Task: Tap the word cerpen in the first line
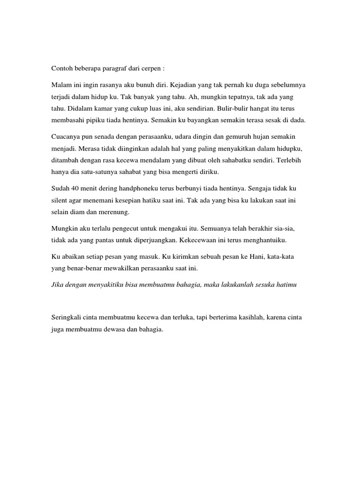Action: (x=150, y=68)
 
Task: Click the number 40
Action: (x=76, y=188)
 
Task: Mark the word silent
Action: (x=60, y=201)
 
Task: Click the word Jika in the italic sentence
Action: (x=58, y=285)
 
